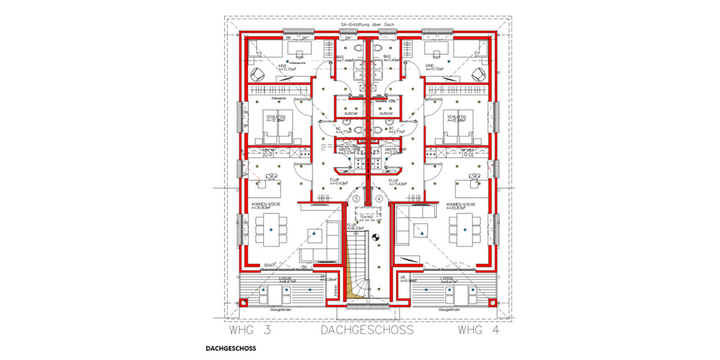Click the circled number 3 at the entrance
coord(356,197)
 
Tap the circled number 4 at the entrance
coord(379,197)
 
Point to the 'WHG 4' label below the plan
coord(478,330)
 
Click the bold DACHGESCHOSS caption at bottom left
coord(230,349)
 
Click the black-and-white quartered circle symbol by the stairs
coord(377,237)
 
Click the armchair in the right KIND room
coord(478,74)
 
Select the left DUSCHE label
coord(351,113)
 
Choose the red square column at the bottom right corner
coord(493,302)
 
